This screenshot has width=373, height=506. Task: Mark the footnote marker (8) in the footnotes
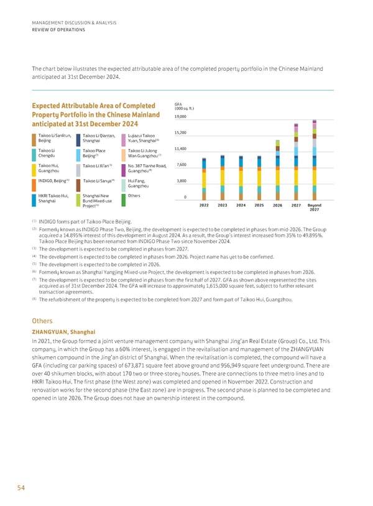(34, 300)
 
